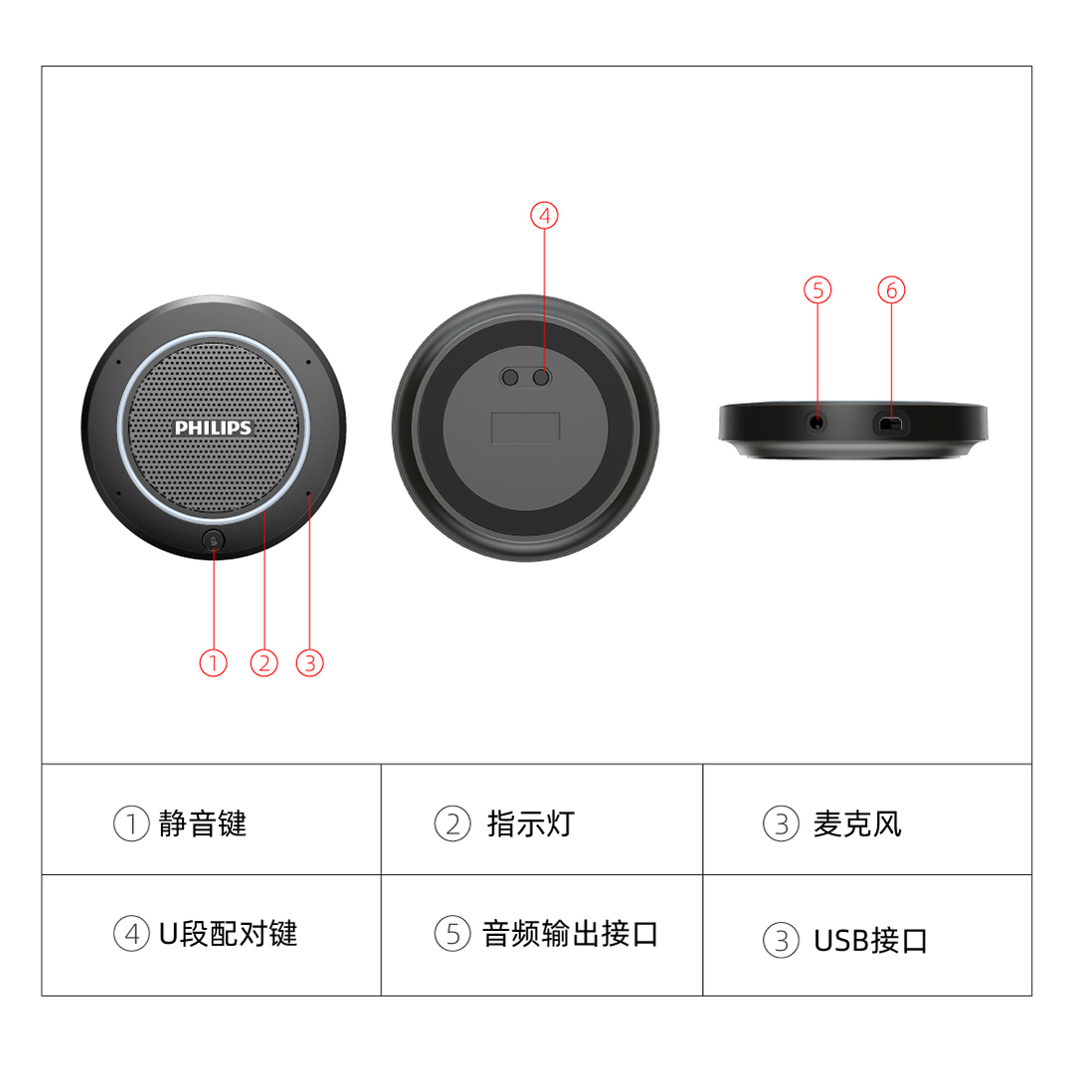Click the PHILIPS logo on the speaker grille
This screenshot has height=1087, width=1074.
click(x=213, y=428)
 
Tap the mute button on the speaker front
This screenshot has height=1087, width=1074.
click(x=213, y=541)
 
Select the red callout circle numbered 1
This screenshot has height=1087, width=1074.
click(x=213, y=662)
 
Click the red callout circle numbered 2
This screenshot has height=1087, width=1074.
click(x=265, y=662)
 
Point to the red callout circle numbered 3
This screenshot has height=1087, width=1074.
click(x=310, y=662)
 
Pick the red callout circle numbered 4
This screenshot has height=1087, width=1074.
click(x=544, y=216)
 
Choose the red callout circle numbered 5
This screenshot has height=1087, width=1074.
click(x=817, y=289)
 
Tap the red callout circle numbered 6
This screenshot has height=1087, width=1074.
click(x=892, y=289)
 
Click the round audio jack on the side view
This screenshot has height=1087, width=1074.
click(x=817, y=422)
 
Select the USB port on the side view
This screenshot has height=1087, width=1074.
click(x=891, y=423)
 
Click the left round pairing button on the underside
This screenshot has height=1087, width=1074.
click(x=510, y=377)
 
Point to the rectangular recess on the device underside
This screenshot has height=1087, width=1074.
click(x=525, y=428)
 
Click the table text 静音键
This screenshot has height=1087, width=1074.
click(x=203, y=823)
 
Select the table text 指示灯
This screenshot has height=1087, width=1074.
click(x=530, y=823)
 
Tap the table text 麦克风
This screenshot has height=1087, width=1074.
click(x=857, y=823)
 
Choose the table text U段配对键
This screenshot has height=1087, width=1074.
click(x=228, y=933)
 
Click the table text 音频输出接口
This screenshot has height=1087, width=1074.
click(x=570, y=933)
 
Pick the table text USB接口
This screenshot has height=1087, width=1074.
click(x=870, y=941)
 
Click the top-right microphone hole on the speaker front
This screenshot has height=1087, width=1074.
click(x=308, y=362)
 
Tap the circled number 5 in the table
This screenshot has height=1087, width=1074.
click(x=452, y=933)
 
